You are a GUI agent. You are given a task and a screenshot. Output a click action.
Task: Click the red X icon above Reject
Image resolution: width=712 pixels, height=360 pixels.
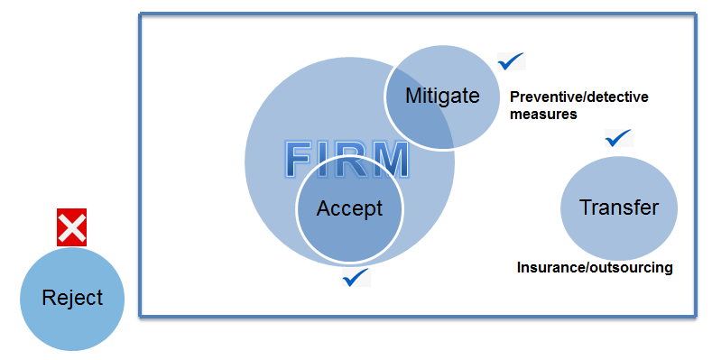(72, 227)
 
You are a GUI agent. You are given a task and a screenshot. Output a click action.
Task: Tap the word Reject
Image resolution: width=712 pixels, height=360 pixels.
(72, 299)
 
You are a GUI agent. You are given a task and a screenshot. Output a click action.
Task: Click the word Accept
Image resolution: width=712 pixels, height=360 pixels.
(349, 208)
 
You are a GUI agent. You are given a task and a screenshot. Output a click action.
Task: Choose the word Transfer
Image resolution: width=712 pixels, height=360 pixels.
(618, 208)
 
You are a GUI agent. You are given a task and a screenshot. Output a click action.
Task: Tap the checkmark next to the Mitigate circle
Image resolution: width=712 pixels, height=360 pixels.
(512, 61)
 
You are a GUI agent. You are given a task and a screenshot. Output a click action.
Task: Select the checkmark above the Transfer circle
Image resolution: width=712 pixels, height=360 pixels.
(619, 138)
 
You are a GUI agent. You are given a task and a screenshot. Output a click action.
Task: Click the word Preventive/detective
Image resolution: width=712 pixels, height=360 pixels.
(578, 97)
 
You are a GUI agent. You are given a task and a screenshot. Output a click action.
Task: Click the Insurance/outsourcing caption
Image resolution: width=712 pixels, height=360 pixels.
(595, 268)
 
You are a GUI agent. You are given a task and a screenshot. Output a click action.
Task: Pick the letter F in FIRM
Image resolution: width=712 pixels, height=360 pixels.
(302, 159)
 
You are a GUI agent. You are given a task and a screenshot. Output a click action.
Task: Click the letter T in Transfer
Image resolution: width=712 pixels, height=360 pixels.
(584, 208)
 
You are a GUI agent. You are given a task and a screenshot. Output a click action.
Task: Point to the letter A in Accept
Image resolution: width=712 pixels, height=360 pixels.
(323, 208)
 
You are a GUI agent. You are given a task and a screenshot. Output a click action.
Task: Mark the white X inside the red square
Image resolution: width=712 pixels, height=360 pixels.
(72, 227)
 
